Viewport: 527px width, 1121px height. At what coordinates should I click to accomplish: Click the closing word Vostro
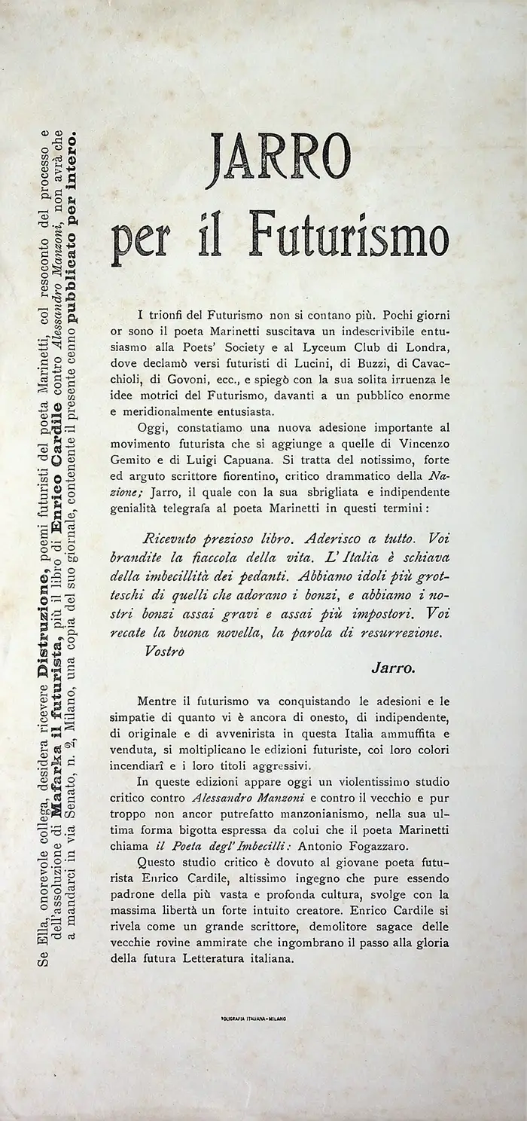point(165,649)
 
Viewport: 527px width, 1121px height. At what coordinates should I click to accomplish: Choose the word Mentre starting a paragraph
point(160,701)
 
